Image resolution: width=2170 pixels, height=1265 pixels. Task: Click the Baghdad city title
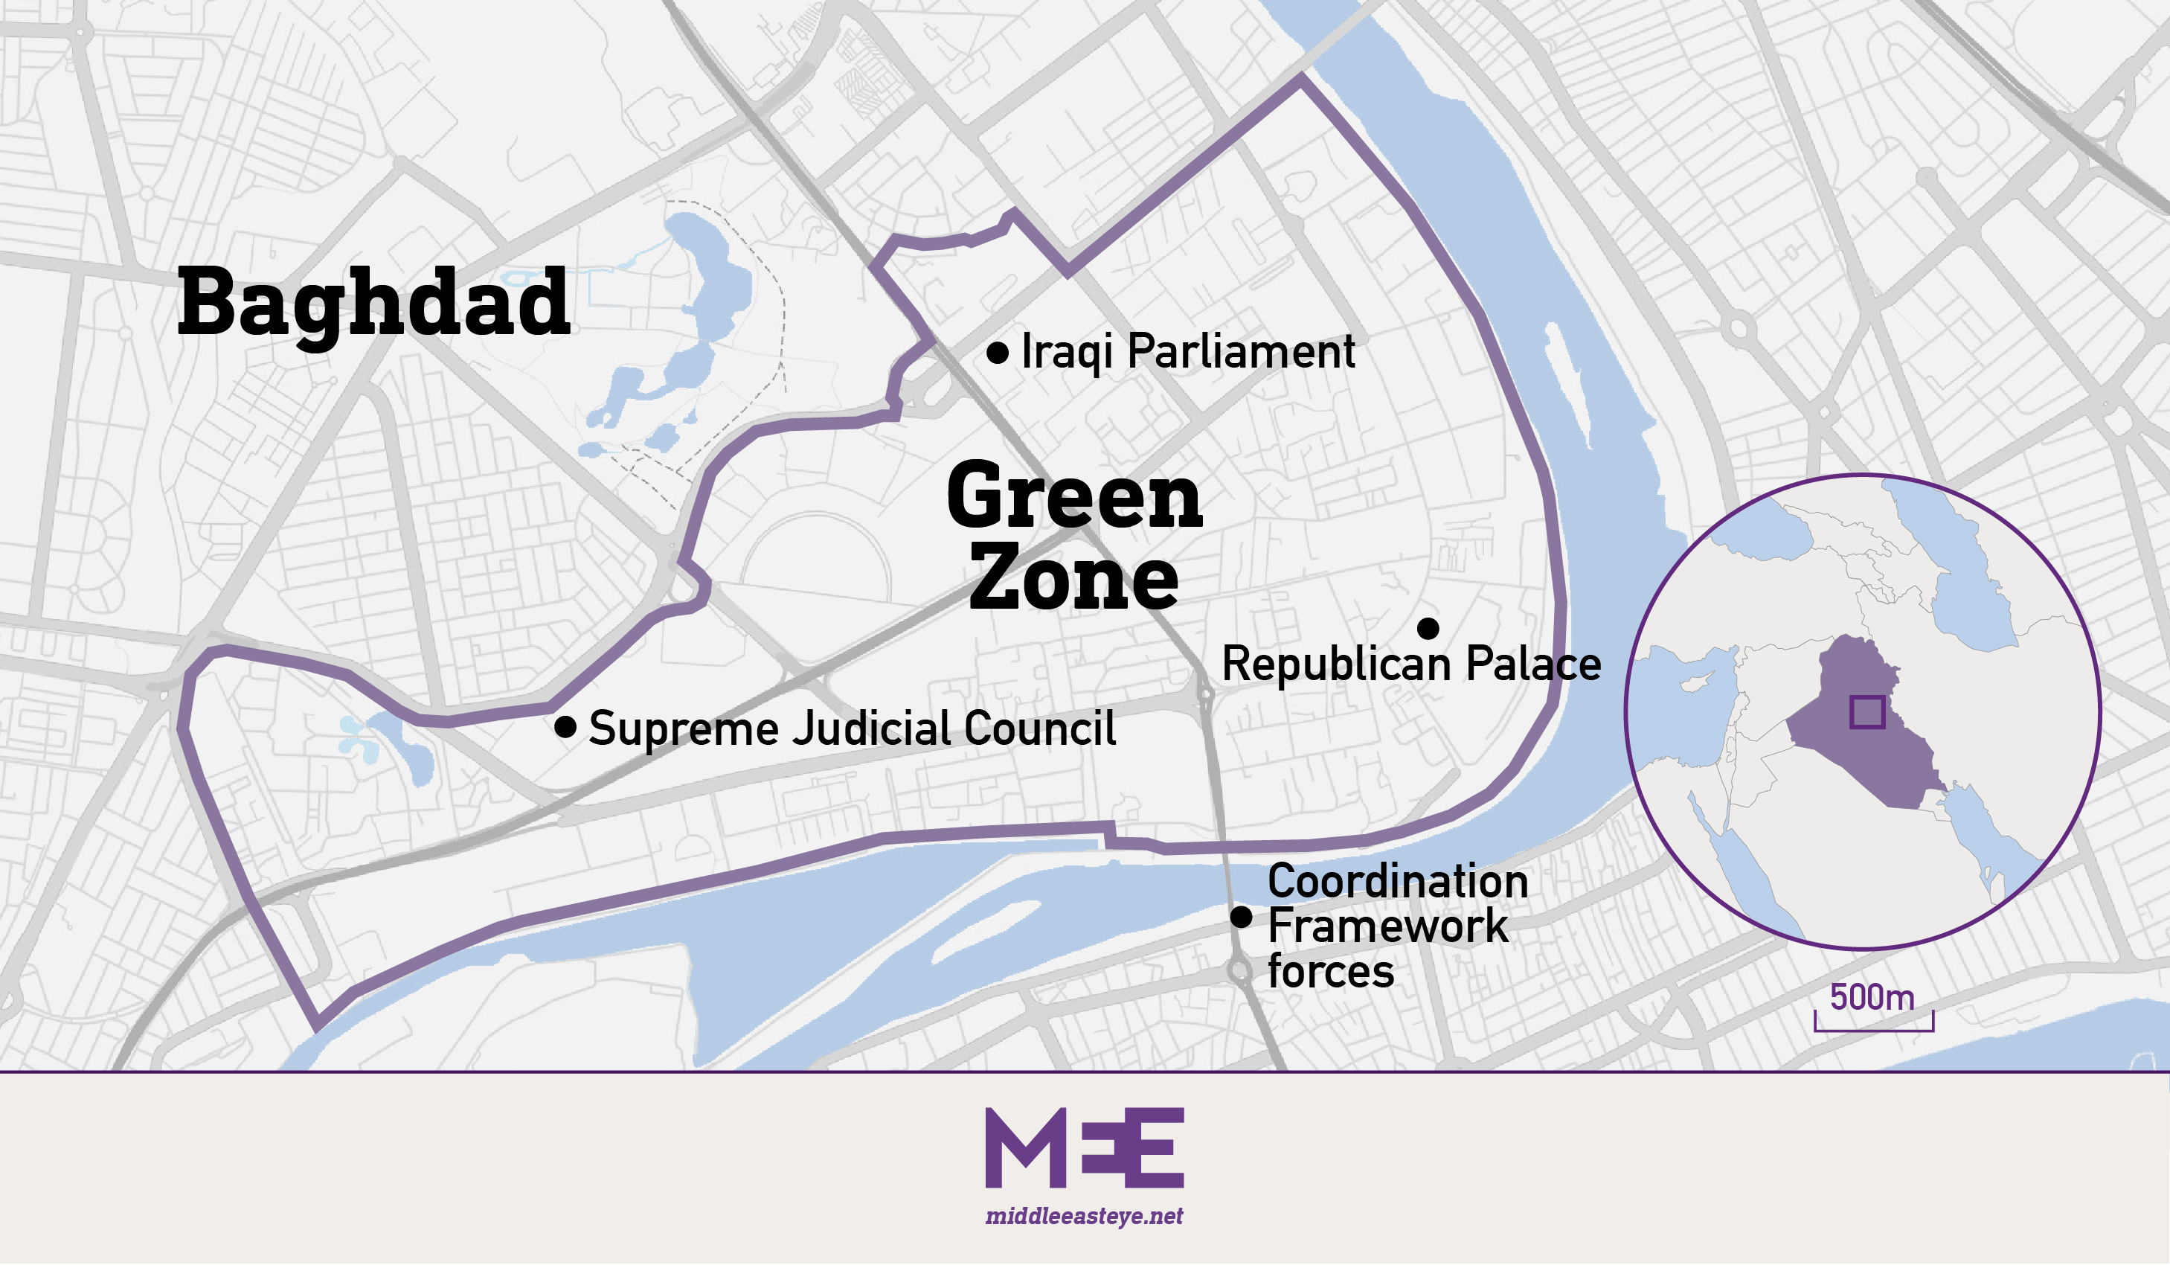tap(373, 303)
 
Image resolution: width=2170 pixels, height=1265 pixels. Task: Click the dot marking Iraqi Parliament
tap(997, 352)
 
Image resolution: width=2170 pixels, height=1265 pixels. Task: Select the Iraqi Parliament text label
tap(1187, 351)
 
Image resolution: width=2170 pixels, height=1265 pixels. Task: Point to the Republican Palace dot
tap(1428, 629)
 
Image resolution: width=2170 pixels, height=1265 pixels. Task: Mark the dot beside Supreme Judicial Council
tap(565, 727)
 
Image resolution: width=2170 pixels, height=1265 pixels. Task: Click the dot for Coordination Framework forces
tap(1241, 917)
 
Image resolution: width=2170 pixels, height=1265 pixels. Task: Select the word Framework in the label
tap(1387, 926)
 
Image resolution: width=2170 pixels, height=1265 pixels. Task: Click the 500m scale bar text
tap(1872, 997)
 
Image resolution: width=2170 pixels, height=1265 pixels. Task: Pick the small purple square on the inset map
tap(1868, 712)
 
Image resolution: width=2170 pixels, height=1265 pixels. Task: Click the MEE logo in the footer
tap(1084, 1148)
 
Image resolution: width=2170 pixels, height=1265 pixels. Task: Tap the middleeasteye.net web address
tap(1084, 1216)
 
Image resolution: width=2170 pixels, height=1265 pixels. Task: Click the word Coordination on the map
tap(1398, 882)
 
